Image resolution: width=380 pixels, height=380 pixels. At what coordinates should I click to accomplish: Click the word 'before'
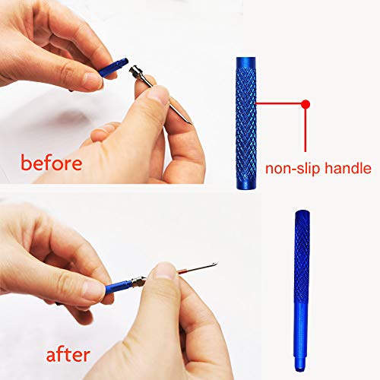[52, 163]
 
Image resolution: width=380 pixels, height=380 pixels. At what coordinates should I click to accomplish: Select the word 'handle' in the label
[347, 168]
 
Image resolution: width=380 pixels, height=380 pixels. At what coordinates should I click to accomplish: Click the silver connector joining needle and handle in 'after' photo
[137, 280]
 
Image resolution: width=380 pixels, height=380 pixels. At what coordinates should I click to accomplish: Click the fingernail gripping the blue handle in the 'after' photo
[94, 288]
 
